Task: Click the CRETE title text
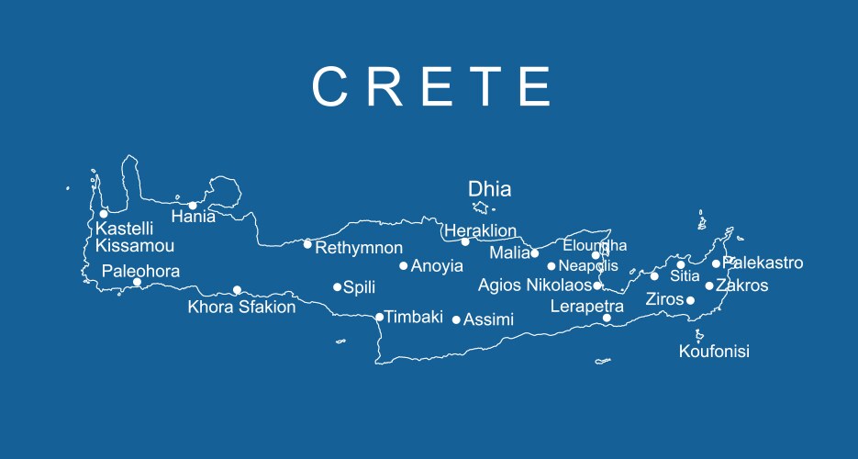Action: pos(431,87)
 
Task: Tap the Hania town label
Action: pos(194,218)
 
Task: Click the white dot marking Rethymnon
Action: pos(307,244)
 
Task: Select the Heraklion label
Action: pos(480,231)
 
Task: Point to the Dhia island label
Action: pos(489,190)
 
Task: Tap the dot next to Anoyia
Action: pos(403,266)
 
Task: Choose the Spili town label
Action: pos(359,287)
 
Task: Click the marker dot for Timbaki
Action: pos(379,318)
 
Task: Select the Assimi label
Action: pos(488,319)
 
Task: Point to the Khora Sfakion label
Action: pos(241,308)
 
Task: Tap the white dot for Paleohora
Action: pos(137,282)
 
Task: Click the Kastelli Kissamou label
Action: pos(134,237)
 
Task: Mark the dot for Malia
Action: pos(535,253)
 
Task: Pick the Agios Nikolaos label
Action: pos(535,285)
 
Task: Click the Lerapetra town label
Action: pos(586,307)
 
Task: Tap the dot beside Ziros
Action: pos(690,300)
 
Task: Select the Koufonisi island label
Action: pos(714,352)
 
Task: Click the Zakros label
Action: pos(741,285)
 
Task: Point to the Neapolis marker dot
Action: pos(552,266)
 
